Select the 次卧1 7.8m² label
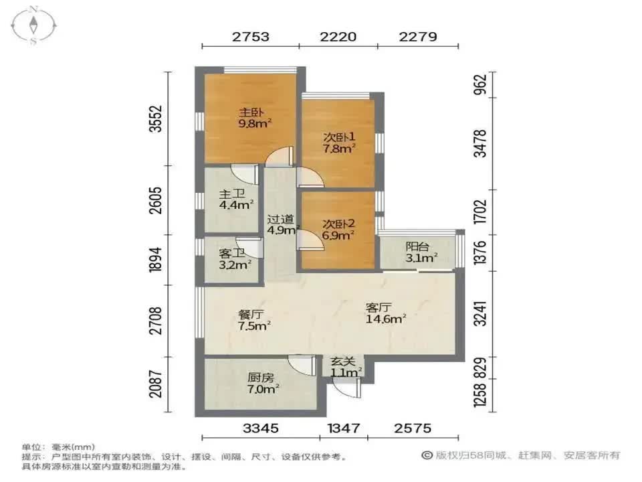(x=339, y=143)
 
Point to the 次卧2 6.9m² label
(x=338, y=230)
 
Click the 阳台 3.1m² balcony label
(x=421, y=252)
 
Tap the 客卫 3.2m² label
(x=234, y=258)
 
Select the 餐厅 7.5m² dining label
(x=255, y=320)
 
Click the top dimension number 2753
(x=251, y=37)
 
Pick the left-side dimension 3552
(x=156, y=120)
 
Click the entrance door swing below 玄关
(x=347, y=387)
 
